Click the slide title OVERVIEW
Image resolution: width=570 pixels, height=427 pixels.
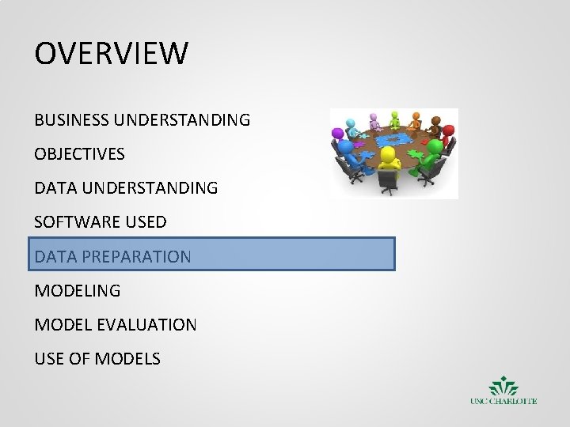tap(112, 54)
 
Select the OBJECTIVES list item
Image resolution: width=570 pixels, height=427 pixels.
tap(79, 154)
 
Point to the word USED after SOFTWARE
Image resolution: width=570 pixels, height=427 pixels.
tap(145, 222)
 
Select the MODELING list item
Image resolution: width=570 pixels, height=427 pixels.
tap(78, 290)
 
